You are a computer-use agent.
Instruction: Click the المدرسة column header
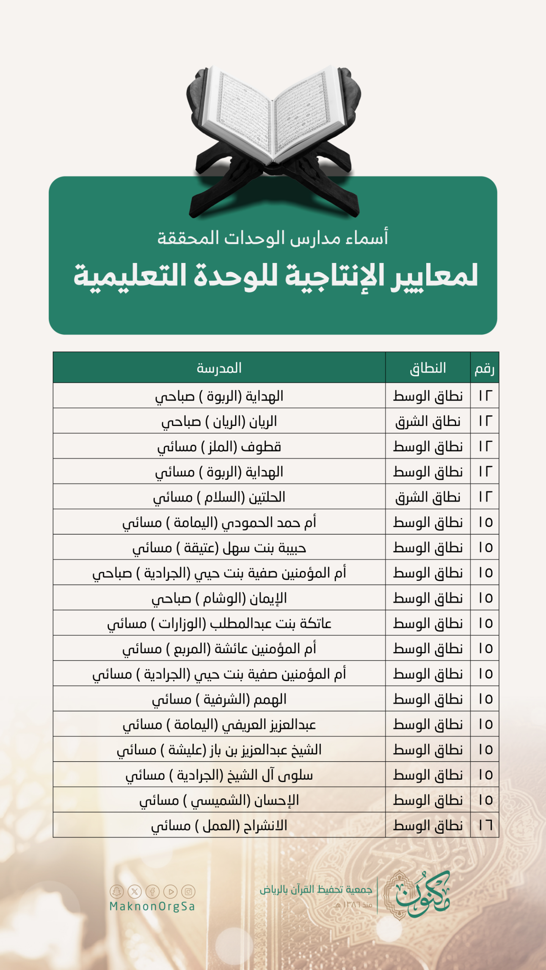[x=219, y=368]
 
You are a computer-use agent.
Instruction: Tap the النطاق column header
[x=428, y=368]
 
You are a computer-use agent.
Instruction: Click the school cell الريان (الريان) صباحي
[x=219, y=421]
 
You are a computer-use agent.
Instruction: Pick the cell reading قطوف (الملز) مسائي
[x=219, y=447]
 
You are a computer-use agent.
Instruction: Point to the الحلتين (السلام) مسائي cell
[x=219, y=497]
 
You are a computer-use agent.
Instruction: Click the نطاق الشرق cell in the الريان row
[x=428, y=421]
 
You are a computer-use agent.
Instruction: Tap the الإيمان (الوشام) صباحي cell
[x=219, y=598]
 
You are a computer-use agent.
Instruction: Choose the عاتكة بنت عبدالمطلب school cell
[x=219, y=623]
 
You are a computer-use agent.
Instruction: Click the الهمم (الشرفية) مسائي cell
[x=219, y=699]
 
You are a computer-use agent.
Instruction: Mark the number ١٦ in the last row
[x=485, y=825]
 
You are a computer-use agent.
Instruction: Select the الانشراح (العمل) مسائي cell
[x=219, y=825]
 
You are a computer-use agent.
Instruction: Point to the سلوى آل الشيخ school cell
[x=219, y=775]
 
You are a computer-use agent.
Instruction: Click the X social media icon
[x=135, y=892]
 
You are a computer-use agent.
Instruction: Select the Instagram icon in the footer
[x=188, y=892]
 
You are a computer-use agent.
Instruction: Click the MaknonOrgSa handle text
[x=152, y=907]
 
